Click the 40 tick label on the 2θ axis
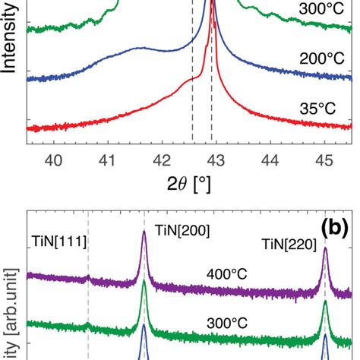(x=53, y=159)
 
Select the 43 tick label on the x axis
(x=216, y=159)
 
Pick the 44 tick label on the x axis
(x=270, y=159)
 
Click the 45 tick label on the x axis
(x=324, y=159)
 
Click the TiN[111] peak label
(x=60, y=242)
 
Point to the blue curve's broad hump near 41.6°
(x=139, y=48)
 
